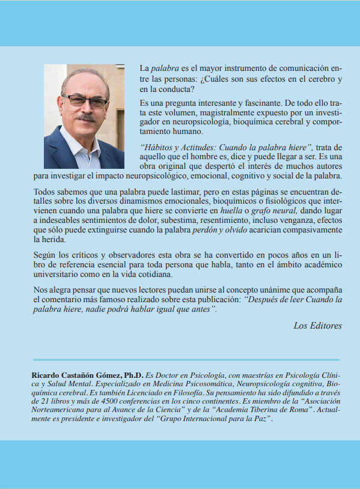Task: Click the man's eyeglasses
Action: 85,102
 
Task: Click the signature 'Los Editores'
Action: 317,326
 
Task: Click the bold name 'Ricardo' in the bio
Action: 47,375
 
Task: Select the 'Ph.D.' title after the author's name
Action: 133,375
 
